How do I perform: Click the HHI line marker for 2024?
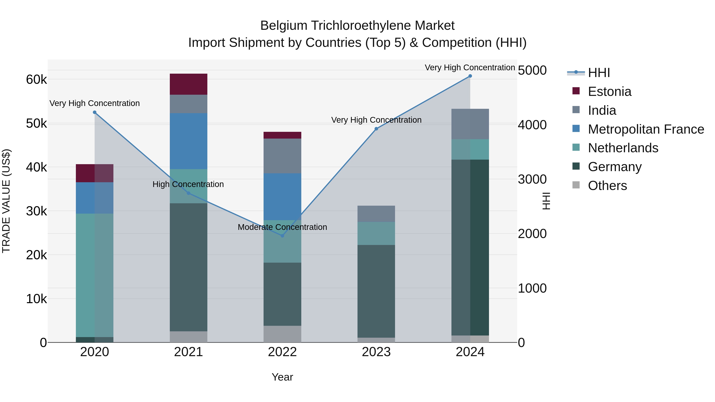pyautogui.click(x=470, y=76)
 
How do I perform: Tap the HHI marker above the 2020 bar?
pyautogui.click(x=95, y=112)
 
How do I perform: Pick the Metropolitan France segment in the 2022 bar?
pyautogui.click(x=282, y=197)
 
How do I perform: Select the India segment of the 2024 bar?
pyautogui.click(x=470, y=124)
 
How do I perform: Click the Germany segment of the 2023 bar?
pyautogui.click(x=376, y=291)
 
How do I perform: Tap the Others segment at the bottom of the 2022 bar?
pyautogui.click(x=282, y=334)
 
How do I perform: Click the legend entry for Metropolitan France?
pyautogui.click(x=646, y=129)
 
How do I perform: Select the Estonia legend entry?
pyautogui.click(x=609, y=92)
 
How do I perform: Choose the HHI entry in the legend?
pyautogui.click(x=599, y=73)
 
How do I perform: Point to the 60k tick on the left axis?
pyautogui.click(x=36, y=80)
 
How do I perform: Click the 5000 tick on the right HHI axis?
pyautogui.click(x=532, y=70)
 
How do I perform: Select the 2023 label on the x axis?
pyautogui.click(x=376, y=352)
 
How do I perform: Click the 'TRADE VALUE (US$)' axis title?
pyautogui.click(x=6, y=201)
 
